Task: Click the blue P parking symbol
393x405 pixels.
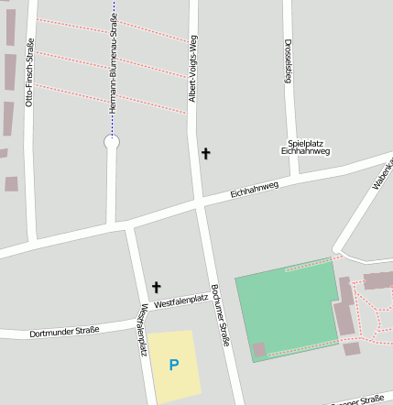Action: (174, 366)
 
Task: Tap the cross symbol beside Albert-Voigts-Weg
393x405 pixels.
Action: (205, 154)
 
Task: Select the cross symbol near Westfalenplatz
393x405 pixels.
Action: (156, 288)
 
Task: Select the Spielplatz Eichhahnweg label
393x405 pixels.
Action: (308, 147)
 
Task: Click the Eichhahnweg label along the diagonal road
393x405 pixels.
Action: (254, 189)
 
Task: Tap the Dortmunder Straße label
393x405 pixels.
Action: (63, 331)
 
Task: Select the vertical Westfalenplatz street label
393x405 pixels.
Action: (144, 329)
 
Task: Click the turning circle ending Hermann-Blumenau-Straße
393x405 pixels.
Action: (112, 142)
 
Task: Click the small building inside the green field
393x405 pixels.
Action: (259, 349)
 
